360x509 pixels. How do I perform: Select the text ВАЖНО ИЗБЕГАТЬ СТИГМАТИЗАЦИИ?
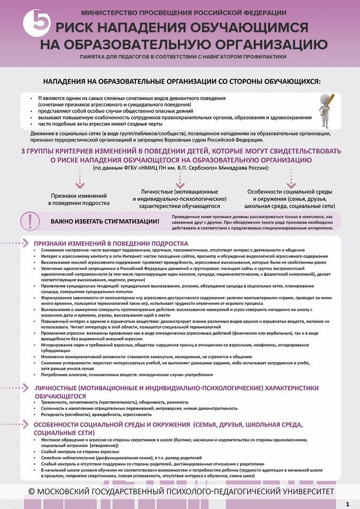click(x=104, y=221)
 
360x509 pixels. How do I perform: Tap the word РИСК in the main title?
click(x=78, y=28)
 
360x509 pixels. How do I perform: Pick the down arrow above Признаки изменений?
click(x=79, y=184)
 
